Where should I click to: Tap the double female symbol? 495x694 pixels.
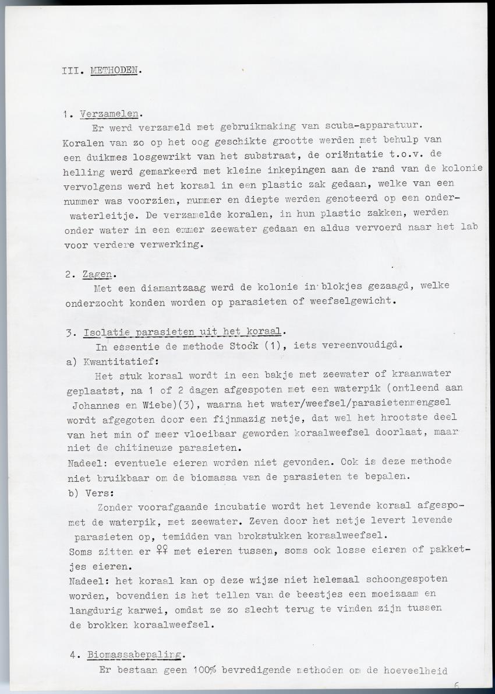163,551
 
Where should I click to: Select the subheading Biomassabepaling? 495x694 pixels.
136,654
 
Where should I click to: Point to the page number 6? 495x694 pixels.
457,686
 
